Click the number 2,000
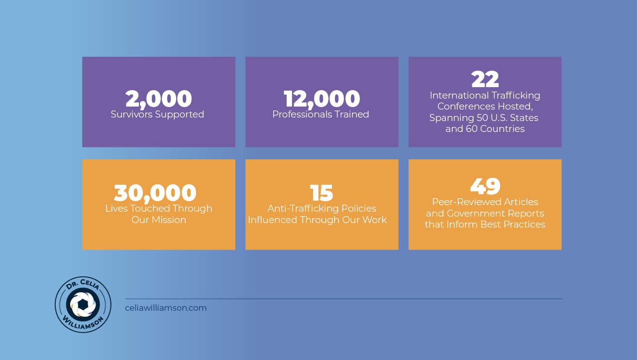click(159, 99)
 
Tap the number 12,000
click(321, 99)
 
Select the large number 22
click(485, 79)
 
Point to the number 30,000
click(155, 193)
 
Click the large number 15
click(321, 193)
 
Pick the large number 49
click(485, 186)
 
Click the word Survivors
click(132, 115)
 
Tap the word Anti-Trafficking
click(303, 209)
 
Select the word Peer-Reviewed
click(467, 202)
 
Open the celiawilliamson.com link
click(166, 308)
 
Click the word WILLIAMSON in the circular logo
click(83, 323)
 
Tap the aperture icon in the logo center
click(83, 304)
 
